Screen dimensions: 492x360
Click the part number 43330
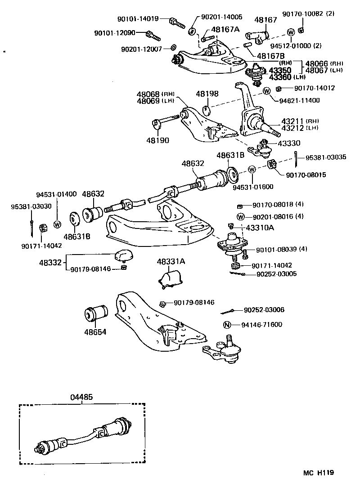[x=290, y=143]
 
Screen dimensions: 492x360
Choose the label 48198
[x=207, y=94]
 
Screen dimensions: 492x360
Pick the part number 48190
[x=157, y=140]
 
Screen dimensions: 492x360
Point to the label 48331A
[x=171, y=261]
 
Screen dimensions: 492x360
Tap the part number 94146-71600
[x=261, y=325]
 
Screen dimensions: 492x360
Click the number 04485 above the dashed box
[x=82, y=397]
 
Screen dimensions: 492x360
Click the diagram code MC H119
[x=318, y=473]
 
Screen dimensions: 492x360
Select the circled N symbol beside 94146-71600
[x=227, y=325]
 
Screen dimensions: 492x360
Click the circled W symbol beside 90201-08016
[x=241, y=216]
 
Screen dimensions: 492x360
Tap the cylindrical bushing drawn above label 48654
[x=97, y=313]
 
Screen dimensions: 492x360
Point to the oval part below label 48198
[x=207, y=110]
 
